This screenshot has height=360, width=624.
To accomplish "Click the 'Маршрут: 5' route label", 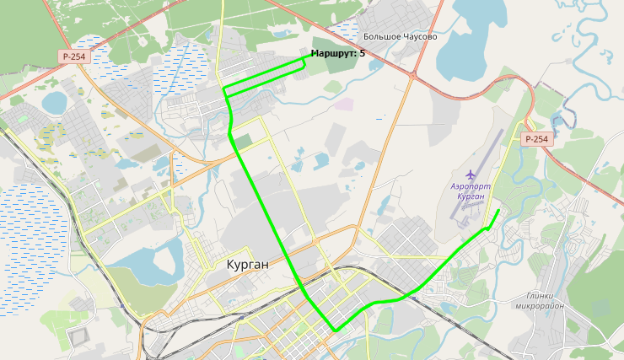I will click(x=338, y=53).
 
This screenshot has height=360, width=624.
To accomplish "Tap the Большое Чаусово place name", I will click(x=400, y=37).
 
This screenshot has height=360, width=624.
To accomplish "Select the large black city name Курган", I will click(x=248, y=265).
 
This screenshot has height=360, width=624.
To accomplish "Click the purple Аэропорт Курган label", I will click(x=469, y=190).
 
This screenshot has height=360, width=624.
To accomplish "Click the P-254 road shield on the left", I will click(x=74, y=56).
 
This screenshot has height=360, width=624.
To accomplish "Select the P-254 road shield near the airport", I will click(x=536, y=139).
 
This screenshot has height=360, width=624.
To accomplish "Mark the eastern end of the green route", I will click(x=498, y=210).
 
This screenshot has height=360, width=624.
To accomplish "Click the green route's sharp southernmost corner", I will click(x=335, y=330).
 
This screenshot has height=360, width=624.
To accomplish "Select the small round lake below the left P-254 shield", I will click(x=55, y=102).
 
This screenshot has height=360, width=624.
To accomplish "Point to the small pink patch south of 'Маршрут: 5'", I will click(x=344, y=104).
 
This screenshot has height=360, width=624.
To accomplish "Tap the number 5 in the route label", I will click(x=363, y=53).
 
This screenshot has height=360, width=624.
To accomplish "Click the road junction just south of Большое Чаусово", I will click(x=413, y=75).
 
